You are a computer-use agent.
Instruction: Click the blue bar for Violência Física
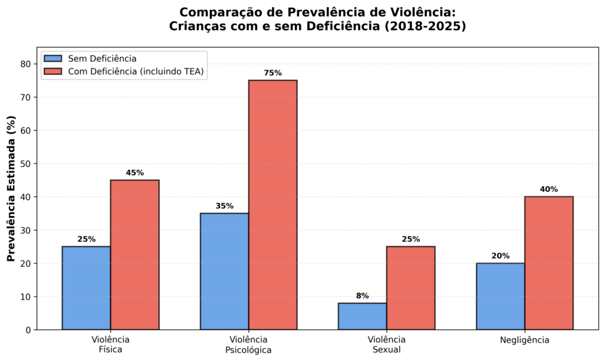(86, 288)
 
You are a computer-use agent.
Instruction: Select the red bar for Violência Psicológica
(273, 205)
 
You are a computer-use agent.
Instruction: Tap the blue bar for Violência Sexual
(362, 316)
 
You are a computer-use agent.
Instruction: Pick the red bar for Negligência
(549, 263)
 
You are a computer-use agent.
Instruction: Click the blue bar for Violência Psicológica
(224, 271)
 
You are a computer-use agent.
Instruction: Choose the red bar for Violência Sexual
(411, 288)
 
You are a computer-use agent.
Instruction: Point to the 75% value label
(273, 73)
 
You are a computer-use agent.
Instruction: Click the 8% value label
(362, 296)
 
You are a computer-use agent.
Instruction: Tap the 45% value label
(135, 173)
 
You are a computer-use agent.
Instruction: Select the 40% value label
(549, 189)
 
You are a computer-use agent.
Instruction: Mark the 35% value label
(225, 206)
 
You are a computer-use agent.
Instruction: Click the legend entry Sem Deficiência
(102, 58)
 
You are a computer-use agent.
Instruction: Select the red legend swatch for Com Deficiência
(53, 72)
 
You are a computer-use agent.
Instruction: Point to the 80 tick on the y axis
(25, 64)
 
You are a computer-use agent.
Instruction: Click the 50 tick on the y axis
(25, 163)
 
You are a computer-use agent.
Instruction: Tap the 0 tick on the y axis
(28, 330)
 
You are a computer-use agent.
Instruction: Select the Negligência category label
(524, 340)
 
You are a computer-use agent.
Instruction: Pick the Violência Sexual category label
(386, 344)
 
